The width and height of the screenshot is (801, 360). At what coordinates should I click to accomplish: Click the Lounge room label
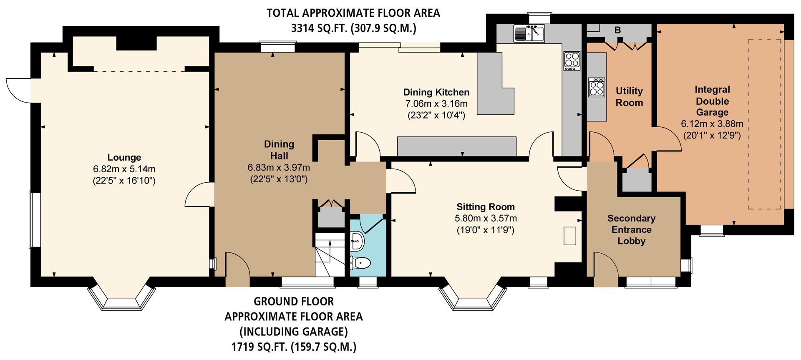coord(124,157)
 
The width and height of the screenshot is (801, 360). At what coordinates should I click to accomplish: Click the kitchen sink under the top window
coord(529,33)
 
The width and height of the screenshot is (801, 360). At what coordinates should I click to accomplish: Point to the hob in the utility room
coord(597,88)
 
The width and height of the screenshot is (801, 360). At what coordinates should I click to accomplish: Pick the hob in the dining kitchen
coord(572,60)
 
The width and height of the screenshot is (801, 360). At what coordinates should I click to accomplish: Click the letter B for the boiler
coord(617,30)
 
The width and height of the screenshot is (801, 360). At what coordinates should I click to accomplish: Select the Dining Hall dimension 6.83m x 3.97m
coord(279,168)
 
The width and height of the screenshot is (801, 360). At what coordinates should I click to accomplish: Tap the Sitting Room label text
coord(486,207)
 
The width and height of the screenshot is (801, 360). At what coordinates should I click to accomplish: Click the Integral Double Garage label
coord(712,101)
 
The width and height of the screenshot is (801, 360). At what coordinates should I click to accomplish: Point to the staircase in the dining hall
coord(330,254)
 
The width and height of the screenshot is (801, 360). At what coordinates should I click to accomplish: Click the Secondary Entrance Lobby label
coord(631,229)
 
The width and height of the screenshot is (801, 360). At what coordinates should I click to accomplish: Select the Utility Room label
coord(629,97)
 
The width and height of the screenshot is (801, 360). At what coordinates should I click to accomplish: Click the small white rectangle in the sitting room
coord(570,236)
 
